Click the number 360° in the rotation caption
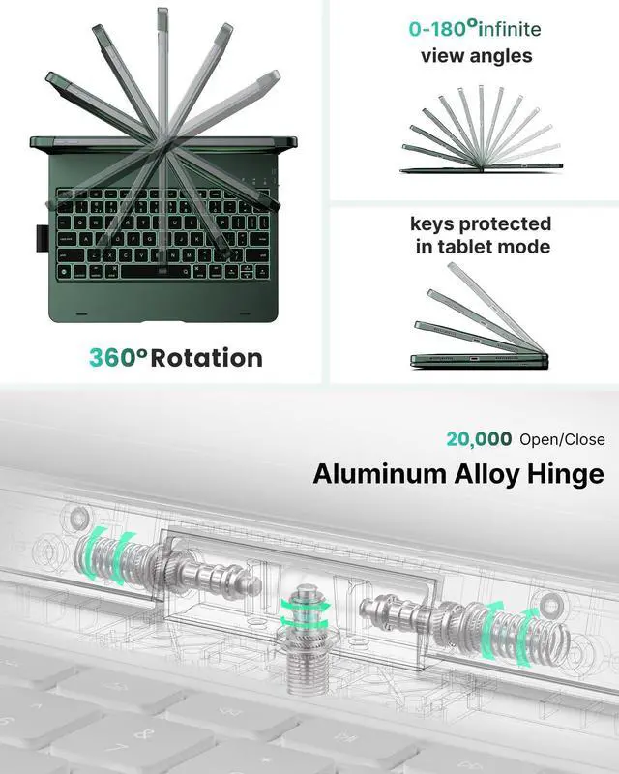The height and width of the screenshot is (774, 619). coord(119,357)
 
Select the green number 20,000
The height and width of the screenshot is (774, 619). coord(479,438)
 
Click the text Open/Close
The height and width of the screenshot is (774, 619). coord(562,439)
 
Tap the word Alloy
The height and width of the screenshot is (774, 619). coord(481,474)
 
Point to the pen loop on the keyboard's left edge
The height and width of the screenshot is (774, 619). coord(40,237)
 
